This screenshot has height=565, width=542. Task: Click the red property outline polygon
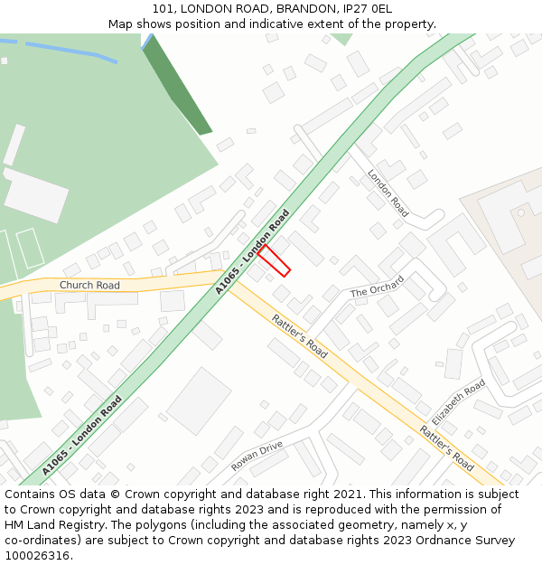(274, 260)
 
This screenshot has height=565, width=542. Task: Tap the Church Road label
(89, 286)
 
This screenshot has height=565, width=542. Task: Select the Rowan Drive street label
(257, 456)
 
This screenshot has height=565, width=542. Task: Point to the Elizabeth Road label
(458, 403)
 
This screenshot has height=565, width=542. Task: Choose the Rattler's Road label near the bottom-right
(447, 447)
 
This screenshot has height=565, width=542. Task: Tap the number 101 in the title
(163, 9)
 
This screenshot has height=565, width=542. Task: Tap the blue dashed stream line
(63, 48)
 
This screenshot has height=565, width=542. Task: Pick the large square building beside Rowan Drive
(199, 400)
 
